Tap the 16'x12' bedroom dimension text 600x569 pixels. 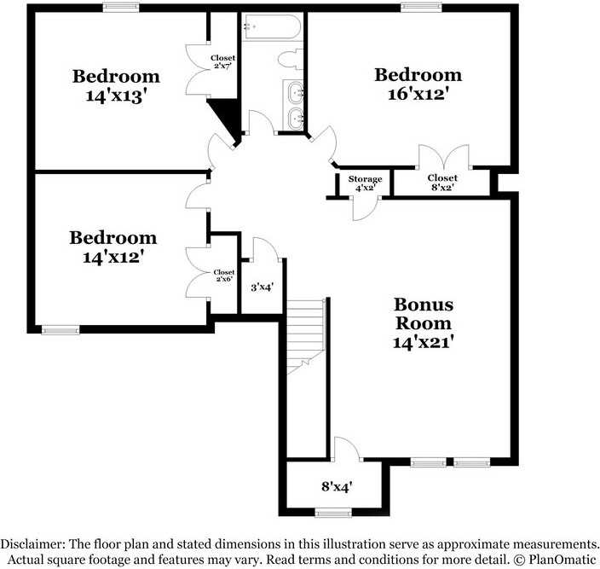tap(418, 95)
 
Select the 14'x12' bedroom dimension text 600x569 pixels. tap(113, 257)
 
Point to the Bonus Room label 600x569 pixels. tap(423, 314)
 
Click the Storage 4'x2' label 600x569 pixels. tap(365, 183)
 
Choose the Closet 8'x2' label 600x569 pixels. tap(441, 183)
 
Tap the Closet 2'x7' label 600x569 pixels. tap(223, 62)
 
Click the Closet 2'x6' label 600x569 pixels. tap(224, 276)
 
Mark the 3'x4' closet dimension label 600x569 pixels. tap(262, 287)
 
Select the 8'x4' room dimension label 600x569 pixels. tap(337, 487)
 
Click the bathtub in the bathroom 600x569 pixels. tap(271, 27)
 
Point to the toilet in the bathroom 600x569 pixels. tap(291, 59)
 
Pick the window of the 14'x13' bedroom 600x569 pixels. tap(121, 8)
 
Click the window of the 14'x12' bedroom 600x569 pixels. tap(60, 329)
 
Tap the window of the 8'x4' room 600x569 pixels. tap(332, 513)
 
